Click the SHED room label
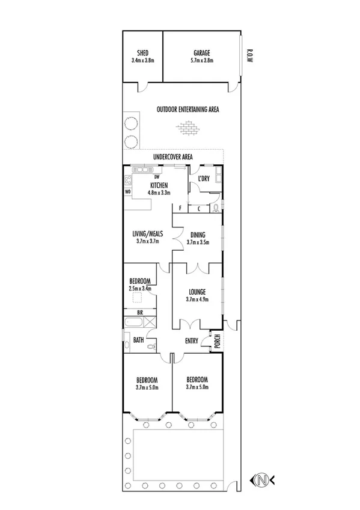coord(142,52)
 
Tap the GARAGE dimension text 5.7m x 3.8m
coord(201,60)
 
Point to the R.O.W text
coord(248,57)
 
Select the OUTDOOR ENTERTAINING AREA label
coord(188,109)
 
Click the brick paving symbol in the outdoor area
coord(188,127)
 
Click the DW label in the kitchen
coord(156,177)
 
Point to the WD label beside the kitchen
coord(128,192)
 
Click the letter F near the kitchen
coord(180,208)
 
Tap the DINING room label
coord(198,235)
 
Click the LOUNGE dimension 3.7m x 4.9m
coord(197,300)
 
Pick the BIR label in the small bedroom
coord(139,313)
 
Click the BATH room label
coord(138,340)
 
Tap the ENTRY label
coord(192,341)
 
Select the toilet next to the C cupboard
coord(216,208)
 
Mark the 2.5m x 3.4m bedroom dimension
coord(140,288)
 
